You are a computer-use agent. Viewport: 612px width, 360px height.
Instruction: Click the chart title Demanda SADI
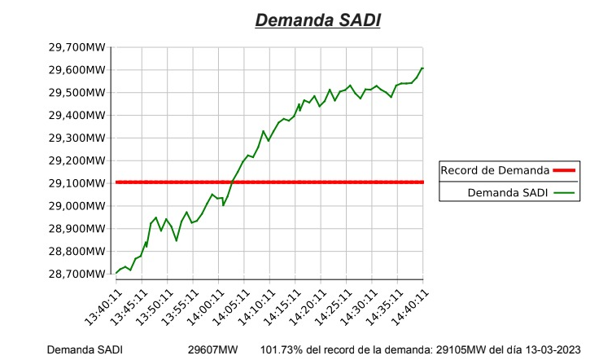(x=317, y=20)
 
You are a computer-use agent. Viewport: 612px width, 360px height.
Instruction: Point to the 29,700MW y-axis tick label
(x=76, y=47)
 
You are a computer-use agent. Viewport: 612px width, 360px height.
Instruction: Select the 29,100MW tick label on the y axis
(x=76, y=183)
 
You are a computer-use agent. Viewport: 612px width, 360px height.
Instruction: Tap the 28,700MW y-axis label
(x=76, y=274)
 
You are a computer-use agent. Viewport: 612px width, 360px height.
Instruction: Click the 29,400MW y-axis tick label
(x=76, y=115)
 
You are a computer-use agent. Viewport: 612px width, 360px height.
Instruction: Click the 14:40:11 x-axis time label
(x=411, y=307)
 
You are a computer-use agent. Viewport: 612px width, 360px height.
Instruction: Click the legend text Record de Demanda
(x=495, y=170)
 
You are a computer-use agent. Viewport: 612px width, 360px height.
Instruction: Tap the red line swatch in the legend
(x=564, y=170)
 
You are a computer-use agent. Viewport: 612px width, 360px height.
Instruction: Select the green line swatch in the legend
(x=564, y=192)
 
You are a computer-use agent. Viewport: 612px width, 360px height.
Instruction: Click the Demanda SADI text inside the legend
(x=507, y=192)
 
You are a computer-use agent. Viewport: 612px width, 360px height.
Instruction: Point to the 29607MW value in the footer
(x=212, y=349)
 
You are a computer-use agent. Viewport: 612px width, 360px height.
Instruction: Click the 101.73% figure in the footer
(x=281, y=349)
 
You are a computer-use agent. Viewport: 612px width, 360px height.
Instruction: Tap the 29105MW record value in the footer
(x=461, y=349)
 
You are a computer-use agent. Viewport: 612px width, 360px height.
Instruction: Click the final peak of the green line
(x=422, y=68)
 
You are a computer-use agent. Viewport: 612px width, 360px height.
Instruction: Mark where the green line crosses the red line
(x=233, y=182)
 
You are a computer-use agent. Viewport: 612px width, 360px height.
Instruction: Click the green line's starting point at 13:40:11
(x=116, y=274)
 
